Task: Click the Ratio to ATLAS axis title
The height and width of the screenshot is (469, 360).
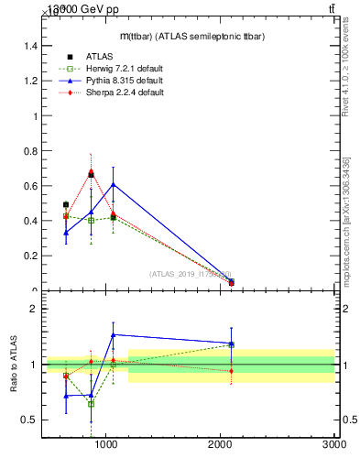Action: [14, 365]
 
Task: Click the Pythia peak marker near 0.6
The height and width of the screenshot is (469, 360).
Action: [113, 184]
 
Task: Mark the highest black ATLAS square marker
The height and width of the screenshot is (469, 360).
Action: [91, 174]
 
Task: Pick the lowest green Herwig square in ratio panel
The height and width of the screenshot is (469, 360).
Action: [91, 403]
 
